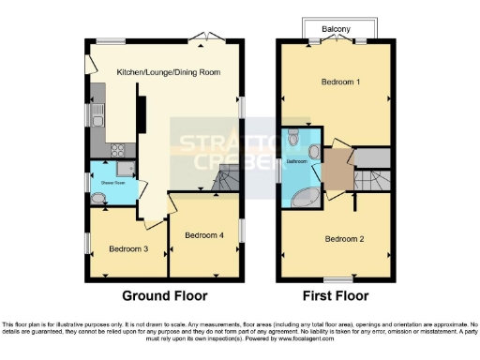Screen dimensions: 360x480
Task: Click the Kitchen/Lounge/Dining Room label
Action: coord(169,72)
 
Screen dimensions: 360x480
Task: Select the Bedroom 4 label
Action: coord(203,233)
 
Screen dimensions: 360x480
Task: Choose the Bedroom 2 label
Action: coord(344,238)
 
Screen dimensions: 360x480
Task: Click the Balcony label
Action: coord(337,29)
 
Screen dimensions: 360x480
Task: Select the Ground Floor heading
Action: coord(165,295)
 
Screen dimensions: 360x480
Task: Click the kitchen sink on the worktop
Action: coord(97,115)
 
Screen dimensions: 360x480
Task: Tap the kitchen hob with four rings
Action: coord(120,150)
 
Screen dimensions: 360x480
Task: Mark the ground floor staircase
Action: coord(225,180)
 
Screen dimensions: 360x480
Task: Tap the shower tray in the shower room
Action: coord(128,170)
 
